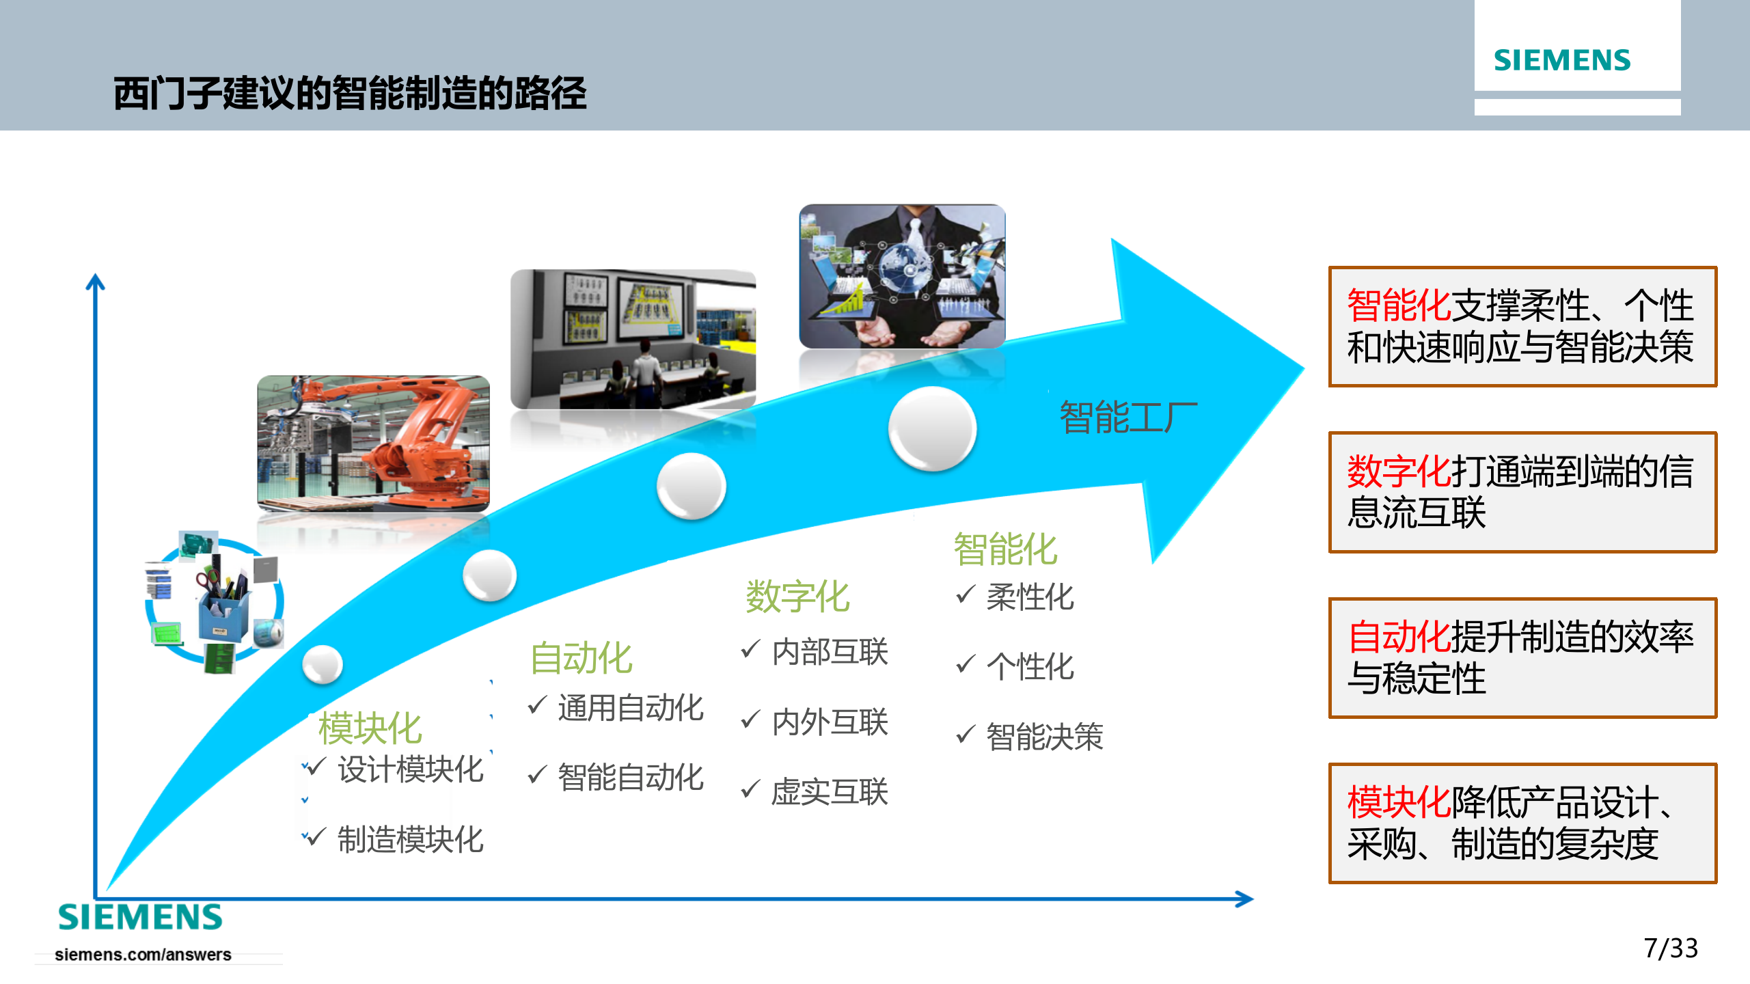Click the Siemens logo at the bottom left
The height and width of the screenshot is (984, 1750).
140,916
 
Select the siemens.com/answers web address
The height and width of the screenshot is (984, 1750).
143,955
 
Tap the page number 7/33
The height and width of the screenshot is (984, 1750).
1670,948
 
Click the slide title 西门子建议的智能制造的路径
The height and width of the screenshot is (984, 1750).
350,93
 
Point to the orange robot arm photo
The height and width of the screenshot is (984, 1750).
373,443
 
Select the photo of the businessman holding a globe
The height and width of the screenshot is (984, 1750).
902,276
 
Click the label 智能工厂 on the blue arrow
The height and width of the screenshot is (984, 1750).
1127,418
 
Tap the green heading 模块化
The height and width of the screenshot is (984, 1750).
370,728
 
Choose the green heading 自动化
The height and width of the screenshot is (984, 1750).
581,658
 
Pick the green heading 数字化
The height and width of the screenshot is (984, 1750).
797,597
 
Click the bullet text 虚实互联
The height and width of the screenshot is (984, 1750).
830,792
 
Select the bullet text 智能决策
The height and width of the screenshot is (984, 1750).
1044,737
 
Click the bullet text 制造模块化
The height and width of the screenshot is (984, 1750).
411,840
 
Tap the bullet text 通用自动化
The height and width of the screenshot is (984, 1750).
630,707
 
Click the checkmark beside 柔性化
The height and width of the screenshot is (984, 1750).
965,595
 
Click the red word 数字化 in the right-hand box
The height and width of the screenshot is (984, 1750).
1398,471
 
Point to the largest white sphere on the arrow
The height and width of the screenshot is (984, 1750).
932,428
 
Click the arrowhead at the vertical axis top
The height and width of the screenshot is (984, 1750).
96,282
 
